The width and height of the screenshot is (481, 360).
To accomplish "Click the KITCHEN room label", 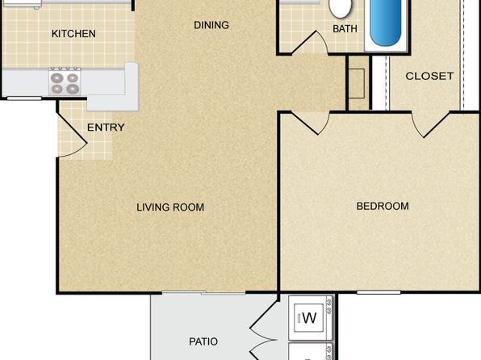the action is pos(73,33).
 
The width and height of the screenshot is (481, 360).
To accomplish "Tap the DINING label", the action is pos(211,25).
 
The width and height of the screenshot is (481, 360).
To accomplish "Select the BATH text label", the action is pos(345,29).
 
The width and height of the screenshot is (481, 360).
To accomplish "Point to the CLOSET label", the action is pos(429,76).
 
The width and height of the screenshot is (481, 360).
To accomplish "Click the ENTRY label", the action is pos(106,127).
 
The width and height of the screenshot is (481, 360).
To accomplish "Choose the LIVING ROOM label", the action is pos(170,207).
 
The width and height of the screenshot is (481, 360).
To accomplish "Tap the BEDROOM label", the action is pos(383,206).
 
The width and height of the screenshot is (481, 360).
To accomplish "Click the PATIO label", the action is pos(203,341).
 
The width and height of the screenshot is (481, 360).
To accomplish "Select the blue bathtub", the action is pos(385,23).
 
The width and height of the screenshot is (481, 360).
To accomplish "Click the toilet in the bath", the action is pos(340,8).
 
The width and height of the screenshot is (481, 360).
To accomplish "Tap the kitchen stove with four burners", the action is pos(65,82).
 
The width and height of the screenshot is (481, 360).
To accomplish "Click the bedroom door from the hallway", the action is pos(310,123).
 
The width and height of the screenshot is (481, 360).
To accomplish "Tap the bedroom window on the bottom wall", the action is pos(379,292).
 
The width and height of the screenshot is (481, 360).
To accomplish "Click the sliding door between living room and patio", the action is pos(203,293).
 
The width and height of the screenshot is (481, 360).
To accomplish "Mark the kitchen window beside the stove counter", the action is pos(24,98).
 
